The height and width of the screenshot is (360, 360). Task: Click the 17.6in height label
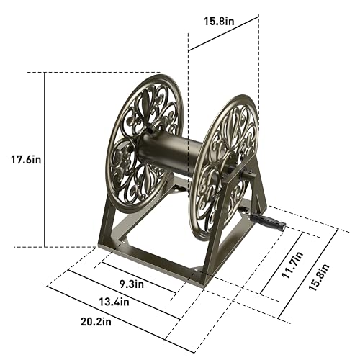pos(26,160)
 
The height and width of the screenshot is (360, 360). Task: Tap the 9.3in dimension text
pos(132,284)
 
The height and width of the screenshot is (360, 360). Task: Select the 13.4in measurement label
pos(114,302)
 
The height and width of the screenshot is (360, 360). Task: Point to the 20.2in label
pos(96,322)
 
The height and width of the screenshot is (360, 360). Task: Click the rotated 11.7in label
pos(292,265)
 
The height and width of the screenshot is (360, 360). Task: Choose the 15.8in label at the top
pos(219,21)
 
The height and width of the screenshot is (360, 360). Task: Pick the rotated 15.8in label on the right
pos(318,277)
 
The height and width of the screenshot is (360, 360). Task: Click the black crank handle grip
pos(268,222)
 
